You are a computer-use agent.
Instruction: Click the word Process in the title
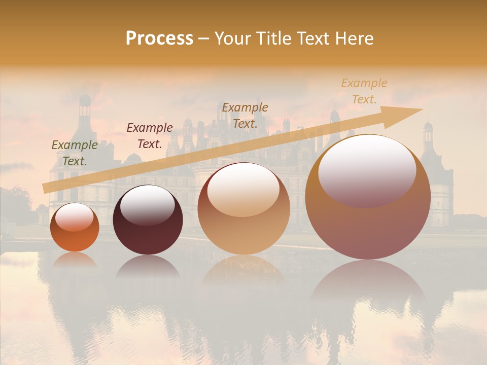click(x=159, y=39)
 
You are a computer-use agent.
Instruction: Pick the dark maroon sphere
click(x=148, y=233)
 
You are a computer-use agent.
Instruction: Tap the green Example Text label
click(x=75, y=153)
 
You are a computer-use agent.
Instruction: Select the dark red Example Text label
click(x=150, y=136)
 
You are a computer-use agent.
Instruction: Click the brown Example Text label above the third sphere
click(x=245, y=116)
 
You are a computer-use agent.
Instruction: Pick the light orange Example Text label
click(x=364, y=91)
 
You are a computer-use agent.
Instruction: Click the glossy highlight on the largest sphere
click(x=367, y=170)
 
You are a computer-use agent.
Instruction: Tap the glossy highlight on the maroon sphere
click(x=148, y=204)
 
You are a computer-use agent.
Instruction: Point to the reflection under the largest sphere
click(x=368, y=284)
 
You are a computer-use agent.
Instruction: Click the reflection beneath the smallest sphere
click(x=75, y=261)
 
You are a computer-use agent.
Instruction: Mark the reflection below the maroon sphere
click(x=148, y=267)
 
